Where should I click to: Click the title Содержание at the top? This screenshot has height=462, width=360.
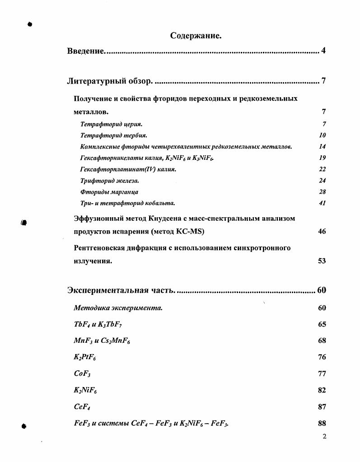(196, 35)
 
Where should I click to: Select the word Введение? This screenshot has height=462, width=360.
(86, 51)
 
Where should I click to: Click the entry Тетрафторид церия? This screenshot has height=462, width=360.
(111, 124)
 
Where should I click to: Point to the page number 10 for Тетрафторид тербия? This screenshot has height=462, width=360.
(322, 135)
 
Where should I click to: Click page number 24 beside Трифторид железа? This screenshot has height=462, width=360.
(322, 180)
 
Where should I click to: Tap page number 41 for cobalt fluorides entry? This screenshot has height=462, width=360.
(322, 203)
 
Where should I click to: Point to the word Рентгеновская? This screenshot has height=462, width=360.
(100, 248)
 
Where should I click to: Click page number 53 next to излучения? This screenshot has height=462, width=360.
(322, 261)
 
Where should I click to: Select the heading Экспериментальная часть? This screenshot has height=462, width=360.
(121, 290)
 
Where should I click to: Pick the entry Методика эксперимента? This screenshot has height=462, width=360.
(118, 308)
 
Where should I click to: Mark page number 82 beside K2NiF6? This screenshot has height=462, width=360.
(322, 390)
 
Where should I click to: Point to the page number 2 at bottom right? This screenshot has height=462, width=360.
(324, 436)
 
